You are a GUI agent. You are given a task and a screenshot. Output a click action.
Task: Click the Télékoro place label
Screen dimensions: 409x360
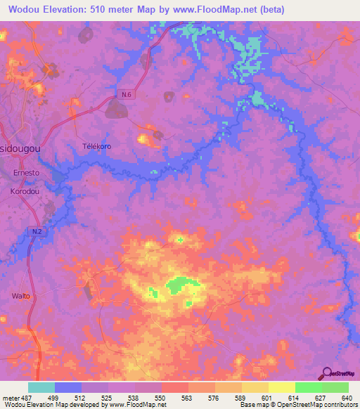click(97, 146)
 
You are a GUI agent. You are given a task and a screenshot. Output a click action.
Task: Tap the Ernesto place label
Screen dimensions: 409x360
click(27, 171)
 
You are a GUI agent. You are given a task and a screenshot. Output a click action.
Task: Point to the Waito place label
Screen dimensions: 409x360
click(21, 296)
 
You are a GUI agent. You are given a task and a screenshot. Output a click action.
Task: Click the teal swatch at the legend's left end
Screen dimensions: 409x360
click(41, 387)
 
